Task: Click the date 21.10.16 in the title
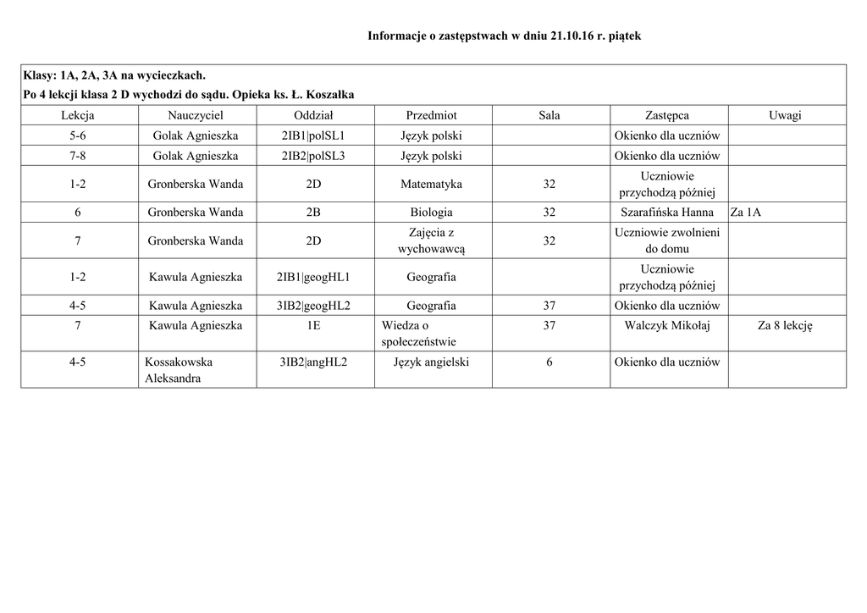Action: pos(572,36)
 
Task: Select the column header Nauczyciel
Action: pos(196,115)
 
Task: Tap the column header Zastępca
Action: pos(666,115)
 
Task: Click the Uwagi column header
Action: pos(785,115)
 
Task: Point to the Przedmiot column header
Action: pos(431,115)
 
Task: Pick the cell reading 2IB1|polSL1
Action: pos(313,135)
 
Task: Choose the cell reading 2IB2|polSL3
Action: pos(313,156)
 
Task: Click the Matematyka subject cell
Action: pos(431,184)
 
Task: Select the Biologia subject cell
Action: pos(431,213)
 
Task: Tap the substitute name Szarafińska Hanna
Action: pos(666,213)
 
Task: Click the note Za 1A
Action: pos(746,213)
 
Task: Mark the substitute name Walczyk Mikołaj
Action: pos(666,325)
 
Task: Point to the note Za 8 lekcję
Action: pos(785,325)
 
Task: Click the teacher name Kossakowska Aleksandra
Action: pos(179,370)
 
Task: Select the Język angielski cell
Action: pos(431,362)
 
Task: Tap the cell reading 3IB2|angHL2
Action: pos(313,362)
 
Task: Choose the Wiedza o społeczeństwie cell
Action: pos(418,334)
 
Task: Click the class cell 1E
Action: pos(313,325)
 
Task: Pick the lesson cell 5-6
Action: pos(77,135)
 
